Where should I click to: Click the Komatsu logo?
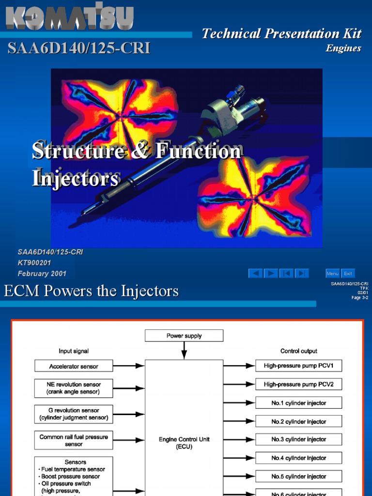(x=69, y=17)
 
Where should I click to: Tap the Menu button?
(x=332, y=274)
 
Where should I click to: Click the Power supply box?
(x=184, y=336)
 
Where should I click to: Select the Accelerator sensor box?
(x=74, y=366)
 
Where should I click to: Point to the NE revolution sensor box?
(x=74, y=388)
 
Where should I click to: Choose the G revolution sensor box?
(x=74, y=414)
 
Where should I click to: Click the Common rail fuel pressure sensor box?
(x=74, y=440)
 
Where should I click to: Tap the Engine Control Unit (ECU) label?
(x=184, y=443)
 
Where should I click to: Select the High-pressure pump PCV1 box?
(x=298, y=366)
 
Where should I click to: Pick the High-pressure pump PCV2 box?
(x=298, y=385)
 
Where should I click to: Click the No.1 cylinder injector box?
(x=298, y=403)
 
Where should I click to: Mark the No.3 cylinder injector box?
(x=298, y=439)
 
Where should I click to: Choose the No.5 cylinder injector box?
(x=298, y=476)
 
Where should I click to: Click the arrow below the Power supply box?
(x=184, y=350)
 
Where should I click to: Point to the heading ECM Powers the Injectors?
(x=91, y=291)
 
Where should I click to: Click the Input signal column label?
(x=74, y=351)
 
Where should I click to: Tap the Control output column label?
(x=299, y=351)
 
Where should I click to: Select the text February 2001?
(x=42, y=274)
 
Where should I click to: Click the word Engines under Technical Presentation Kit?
(x=343, y=48)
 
